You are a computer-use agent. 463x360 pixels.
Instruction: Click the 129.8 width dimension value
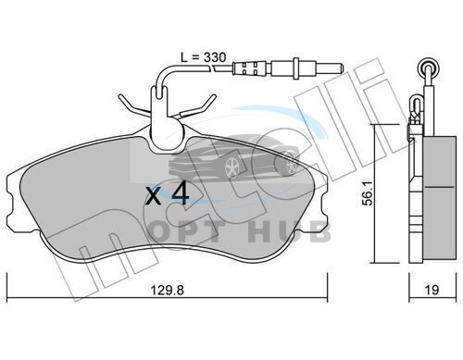click(x=167, y=290)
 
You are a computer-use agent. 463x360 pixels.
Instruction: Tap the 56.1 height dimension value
click(x=368, y=193)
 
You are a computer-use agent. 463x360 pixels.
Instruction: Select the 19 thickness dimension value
click(x=432, y=290)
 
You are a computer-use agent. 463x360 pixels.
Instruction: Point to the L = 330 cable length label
click(x=204, y=57)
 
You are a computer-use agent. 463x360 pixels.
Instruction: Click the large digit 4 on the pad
click(x=181, y=193)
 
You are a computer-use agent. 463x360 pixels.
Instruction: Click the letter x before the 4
click(x=154, y=196)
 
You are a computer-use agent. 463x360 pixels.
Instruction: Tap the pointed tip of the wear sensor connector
click(x=342, y=68)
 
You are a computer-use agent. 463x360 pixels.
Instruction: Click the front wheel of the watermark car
click(x=231, y=168)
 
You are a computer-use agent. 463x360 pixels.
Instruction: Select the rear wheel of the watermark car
click(x=290, y=165)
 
